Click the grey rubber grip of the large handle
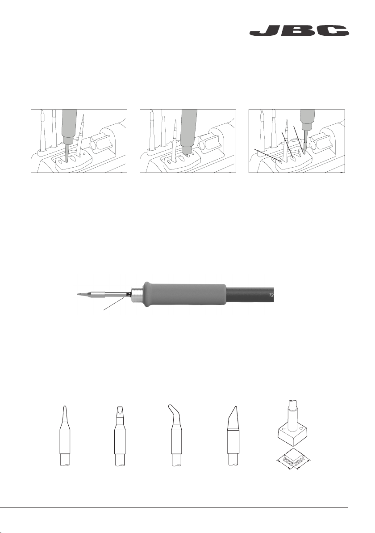click(x=185, y=294)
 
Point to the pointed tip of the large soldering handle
click(x=78, y=294)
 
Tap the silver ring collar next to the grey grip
click(x=137, y=294)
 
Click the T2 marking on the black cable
click(x=271, y=295)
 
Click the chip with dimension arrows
click(x=294, y=459)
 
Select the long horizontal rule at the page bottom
click(x=174, y=508)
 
